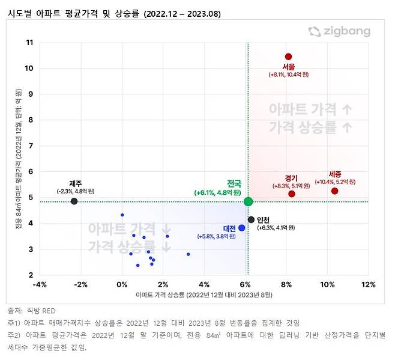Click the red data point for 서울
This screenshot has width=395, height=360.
click(x=289, y=56)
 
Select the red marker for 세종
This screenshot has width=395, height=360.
click(x=334, y=191)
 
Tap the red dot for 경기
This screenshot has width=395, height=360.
click(x=292, y=194)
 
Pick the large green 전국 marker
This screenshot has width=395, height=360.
click(x=248, y=201)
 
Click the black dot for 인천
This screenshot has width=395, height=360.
click(x=251, y=219)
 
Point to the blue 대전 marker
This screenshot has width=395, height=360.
click(x=241, y=228)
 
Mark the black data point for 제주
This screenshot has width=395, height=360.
click(x=74, y=201)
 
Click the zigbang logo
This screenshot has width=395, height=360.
click(x=339, y=32)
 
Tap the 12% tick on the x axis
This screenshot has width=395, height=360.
click(x=367, y=284)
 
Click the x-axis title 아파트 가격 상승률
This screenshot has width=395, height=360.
click(x=204, y=294)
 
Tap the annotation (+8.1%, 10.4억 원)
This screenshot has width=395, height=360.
click(x=289, y=75)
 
